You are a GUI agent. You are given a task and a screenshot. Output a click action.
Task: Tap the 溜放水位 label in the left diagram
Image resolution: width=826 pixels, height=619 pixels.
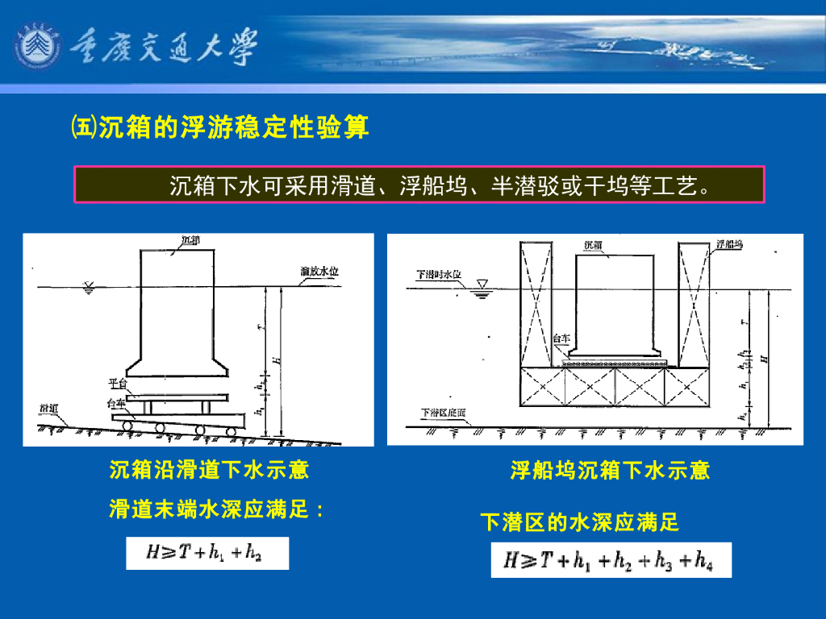point(319,272)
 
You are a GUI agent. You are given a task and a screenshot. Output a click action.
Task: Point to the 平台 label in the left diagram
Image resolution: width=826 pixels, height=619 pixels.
point(117,383)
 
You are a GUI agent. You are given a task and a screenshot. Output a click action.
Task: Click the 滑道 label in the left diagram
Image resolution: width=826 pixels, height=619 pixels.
point(48,409)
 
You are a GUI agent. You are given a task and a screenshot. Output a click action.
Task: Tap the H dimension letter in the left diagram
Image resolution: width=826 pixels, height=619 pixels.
point(276,359)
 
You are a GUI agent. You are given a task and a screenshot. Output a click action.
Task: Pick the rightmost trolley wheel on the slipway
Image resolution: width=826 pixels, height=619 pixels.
point(232,430)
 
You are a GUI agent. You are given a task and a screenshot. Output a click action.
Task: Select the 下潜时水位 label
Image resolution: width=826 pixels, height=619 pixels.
point(438,274)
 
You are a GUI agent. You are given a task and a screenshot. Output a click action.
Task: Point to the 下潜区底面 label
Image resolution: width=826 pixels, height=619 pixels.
point(443,413)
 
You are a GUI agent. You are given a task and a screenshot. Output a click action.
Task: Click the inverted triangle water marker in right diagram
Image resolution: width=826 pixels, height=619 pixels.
point(482,286)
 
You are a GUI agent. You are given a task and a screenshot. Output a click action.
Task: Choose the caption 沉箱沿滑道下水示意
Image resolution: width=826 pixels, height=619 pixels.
point(209,469)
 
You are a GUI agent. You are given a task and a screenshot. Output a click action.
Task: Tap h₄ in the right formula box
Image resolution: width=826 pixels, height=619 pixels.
point(703,561)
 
